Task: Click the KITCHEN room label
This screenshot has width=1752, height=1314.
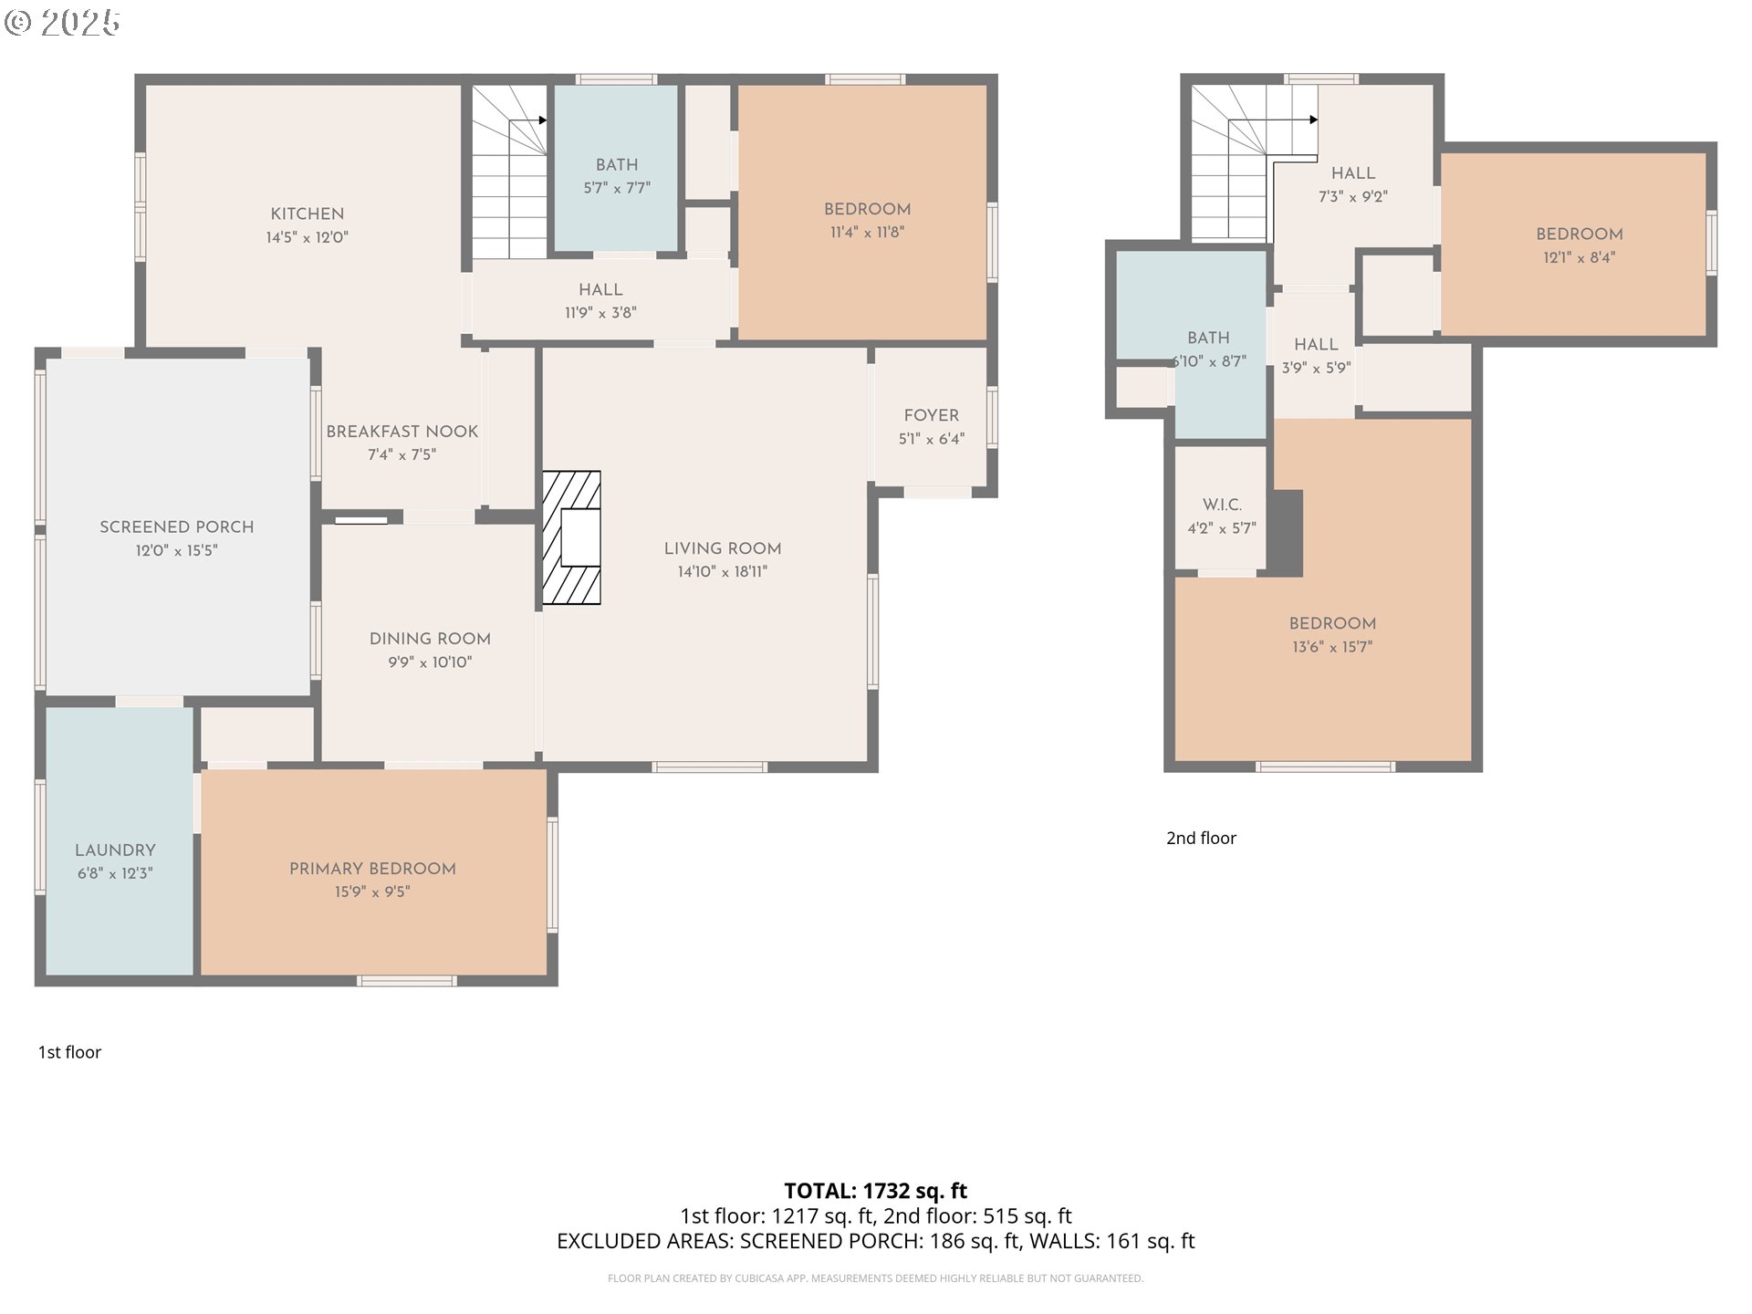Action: click(x=308, y=214)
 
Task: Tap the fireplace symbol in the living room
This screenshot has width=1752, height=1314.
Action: click(x=571, y=537)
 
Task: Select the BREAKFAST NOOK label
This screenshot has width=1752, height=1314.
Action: click(x=402, y=431)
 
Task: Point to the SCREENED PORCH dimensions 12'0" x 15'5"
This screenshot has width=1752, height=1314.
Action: click(x=177, y=550)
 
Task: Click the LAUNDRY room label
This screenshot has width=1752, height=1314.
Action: click(x=115, y=850)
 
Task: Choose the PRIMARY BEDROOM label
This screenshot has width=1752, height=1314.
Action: click(x=372, y=869)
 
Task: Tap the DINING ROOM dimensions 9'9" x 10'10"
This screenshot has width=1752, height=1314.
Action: click(x=430, y=662)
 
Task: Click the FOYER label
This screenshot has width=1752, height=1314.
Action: click(x=932, y=415)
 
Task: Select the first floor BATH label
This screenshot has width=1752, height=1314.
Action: click(x=617, y=164)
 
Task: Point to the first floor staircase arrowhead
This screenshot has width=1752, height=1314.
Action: click(x=542, y=120)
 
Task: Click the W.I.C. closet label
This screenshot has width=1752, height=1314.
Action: click(x=1222, y=505)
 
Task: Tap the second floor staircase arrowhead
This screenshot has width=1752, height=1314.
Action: click(x=1314, y=120)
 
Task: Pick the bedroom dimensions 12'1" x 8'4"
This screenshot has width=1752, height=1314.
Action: click(x=1580, y=257)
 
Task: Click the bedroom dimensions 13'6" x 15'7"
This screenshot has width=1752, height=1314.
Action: click(x=1332, y=647)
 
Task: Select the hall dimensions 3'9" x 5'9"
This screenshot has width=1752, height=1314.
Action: click(x=1316, y=368)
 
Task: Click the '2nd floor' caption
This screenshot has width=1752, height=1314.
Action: click(x=1201, y=838)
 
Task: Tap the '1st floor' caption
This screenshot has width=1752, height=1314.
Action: click(x=69, y=1052)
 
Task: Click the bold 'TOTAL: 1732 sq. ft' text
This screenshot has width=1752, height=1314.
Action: click(x=876, y=1191)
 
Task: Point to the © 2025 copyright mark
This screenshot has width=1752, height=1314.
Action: click(x=62, y=23)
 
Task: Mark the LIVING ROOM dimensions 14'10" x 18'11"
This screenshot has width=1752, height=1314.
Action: click(x=723, y=572)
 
